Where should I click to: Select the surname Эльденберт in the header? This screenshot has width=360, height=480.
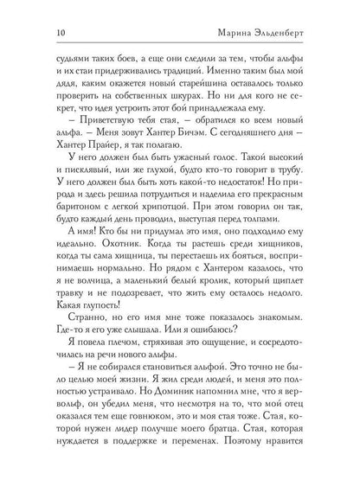(302, 30)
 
